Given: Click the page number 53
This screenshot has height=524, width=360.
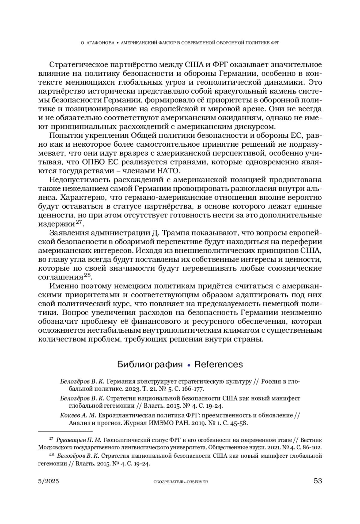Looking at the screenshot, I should coord(318,481).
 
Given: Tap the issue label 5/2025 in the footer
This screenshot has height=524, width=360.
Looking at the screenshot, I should coord(49,481).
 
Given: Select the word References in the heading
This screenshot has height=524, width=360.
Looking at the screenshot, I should coord(218,364).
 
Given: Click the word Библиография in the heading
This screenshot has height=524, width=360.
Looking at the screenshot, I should coord(150,364).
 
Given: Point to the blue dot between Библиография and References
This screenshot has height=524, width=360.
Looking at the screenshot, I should coord(189,365).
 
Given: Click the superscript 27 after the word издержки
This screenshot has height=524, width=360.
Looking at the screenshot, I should coord(79,222).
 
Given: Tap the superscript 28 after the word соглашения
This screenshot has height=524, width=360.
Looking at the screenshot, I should coord(87,275).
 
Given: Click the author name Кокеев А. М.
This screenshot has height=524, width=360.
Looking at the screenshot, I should coord(78,415).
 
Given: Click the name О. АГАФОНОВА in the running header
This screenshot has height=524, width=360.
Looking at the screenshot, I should coord(98,43).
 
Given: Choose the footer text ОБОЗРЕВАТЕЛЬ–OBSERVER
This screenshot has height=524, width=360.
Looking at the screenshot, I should coord(180,482).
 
